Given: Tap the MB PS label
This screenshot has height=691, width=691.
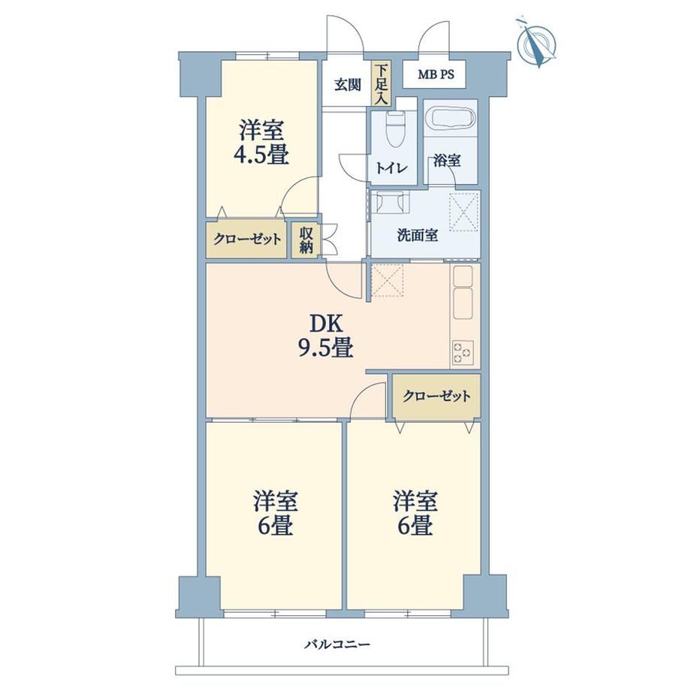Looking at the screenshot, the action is click(x=436, y=74).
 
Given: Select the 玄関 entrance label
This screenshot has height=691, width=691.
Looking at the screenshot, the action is click(x=347, y=85).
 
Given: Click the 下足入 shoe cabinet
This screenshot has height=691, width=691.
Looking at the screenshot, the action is click(x=382, y=83).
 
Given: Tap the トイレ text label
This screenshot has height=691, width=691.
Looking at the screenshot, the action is click(x=392, y=168).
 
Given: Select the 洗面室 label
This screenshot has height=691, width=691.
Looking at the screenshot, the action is click(x=418, y=235).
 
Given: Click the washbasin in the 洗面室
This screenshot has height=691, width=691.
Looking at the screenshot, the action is click(x=391, y=204).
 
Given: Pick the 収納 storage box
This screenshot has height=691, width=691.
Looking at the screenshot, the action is click(x=306, y=240).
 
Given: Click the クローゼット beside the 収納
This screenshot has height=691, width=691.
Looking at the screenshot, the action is click(x=246, y=240).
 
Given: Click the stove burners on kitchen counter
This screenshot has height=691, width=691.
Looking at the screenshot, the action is click(x=462, y=352).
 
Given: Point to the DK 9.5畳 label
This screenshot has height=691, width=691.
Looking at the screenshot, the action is click(x=326, y=336).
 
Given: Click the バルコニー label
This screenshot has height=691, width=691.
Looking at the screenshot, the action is click(x=337, y=644).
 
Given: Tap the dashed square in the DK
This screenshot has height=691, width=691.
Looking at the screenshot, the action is click(x=388, y=280).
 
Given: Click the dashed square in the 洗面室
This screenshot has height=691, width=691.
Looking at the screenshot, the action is click(x=463, y=212).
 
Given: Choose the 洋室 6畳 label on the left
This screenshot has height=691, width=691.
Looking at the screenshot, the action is click(x=276, y=513).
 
